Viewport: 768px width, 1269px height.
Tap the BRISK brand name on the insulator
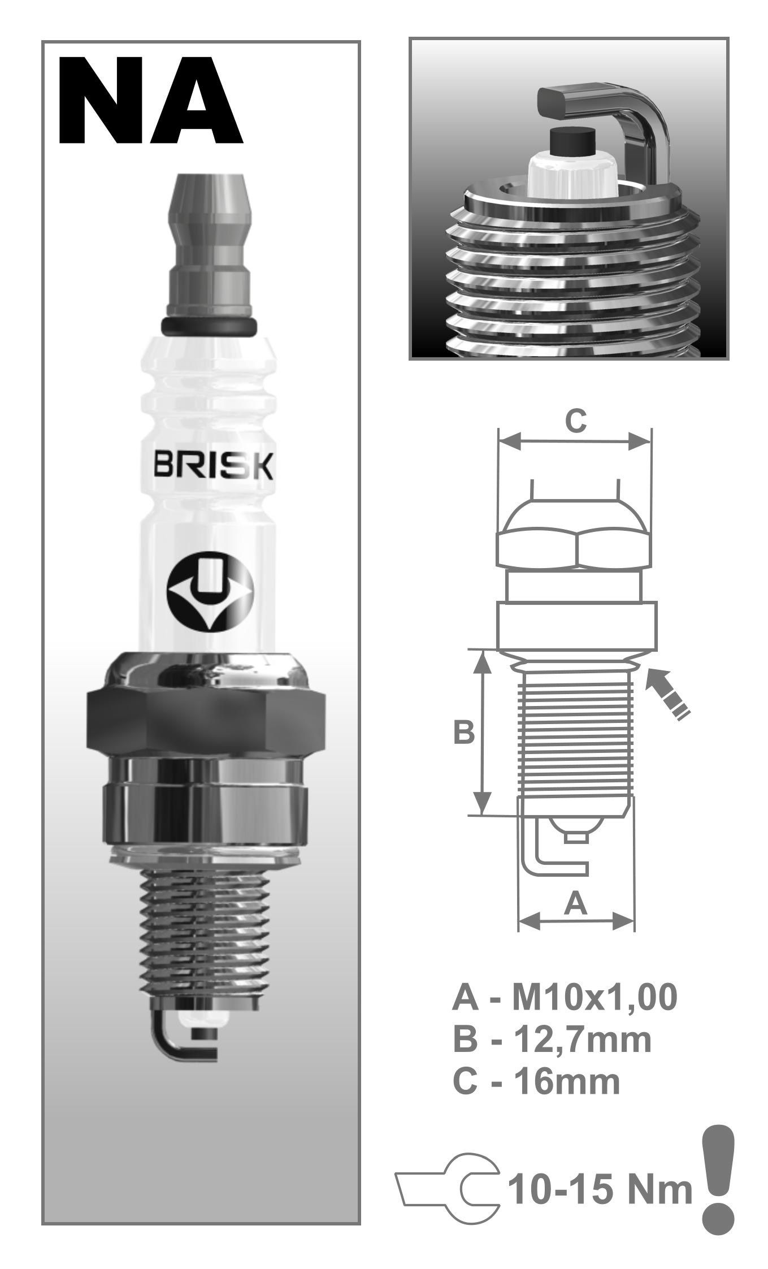(215, 466)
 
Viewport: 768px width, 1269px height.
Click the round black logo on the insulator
(210, 591)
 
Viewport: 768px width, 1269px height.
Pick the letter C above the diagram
(576, 421)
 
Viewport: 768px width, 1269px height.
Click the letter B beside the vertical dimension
(464, 733)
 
